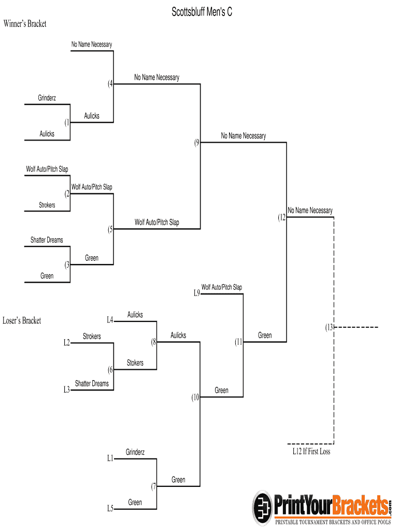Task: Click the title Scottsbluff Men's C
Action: pyautogui.click(x=202, y=12)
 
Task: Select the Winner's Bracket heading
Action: pyautogui.click(x=25, y=23)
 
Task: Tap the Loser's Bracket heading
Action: pyautogui.click(x=22, y=320)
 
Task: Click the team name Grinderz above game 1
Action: pyautogui.click(x=47, y=97)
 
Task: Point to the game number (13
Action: pyautogui.click(x=329, y=327)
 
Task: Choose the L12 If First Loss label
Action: pyautogui.click(x=311, y=451)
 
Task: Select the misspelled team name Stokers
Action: pyautogui.click(x=135, y=363)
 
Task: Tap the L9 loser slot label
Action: pyautogui.click(x=196, y=294)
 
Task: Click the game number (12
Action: pyautogui.click(x=281, y=217)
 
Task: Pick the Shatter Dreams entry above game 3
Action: pyautogui.click(x=47, y=240)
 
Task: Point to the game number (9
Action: pyautogui.click(x=197, y=143)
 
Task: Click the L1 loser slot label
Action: pyautogui.click(x=110, y=458)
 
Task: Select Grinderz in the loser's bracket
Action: pyautogui.click(x=135, y=452)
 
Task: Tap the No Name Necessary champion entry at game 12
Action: pyautogui.click(x=310, y=210)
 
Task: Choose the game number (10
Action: pyautogui.click(x=195, y=398)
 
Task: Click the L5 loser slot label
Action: pyautogui.click(x=110, y=509)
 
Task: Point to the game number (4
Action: pyautogui.click(x=110, y=84)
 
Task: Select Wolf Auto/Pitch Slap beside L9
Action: pyautogui.click(x=222, y=287)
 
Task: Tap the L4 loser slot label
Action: pyautogui.click(x=110, y=320)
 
